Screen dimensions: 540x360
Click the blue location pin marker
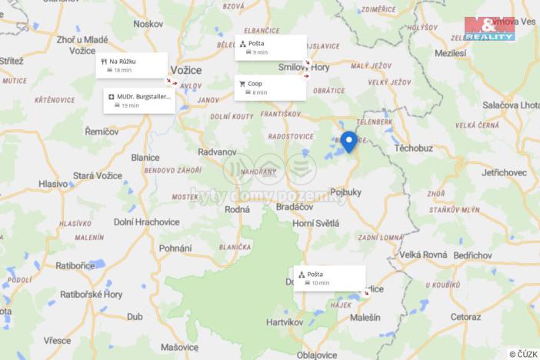tap(348, 141)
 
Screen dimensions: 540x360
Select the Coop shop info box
tap(270, 87)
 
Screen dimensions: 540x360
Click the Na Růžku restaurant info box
tap(132, 65)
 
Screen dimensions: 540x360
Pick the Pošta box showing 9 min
tap(270, 47)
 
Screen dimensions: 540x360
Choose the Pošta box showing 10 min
tap(328, 278)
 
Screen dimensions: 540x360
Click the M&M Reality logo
tap(489, 28)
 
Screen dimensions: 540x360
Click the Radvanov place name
tap(217, 152)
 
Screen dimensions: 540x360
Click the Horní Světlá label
tap(315, 222)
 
